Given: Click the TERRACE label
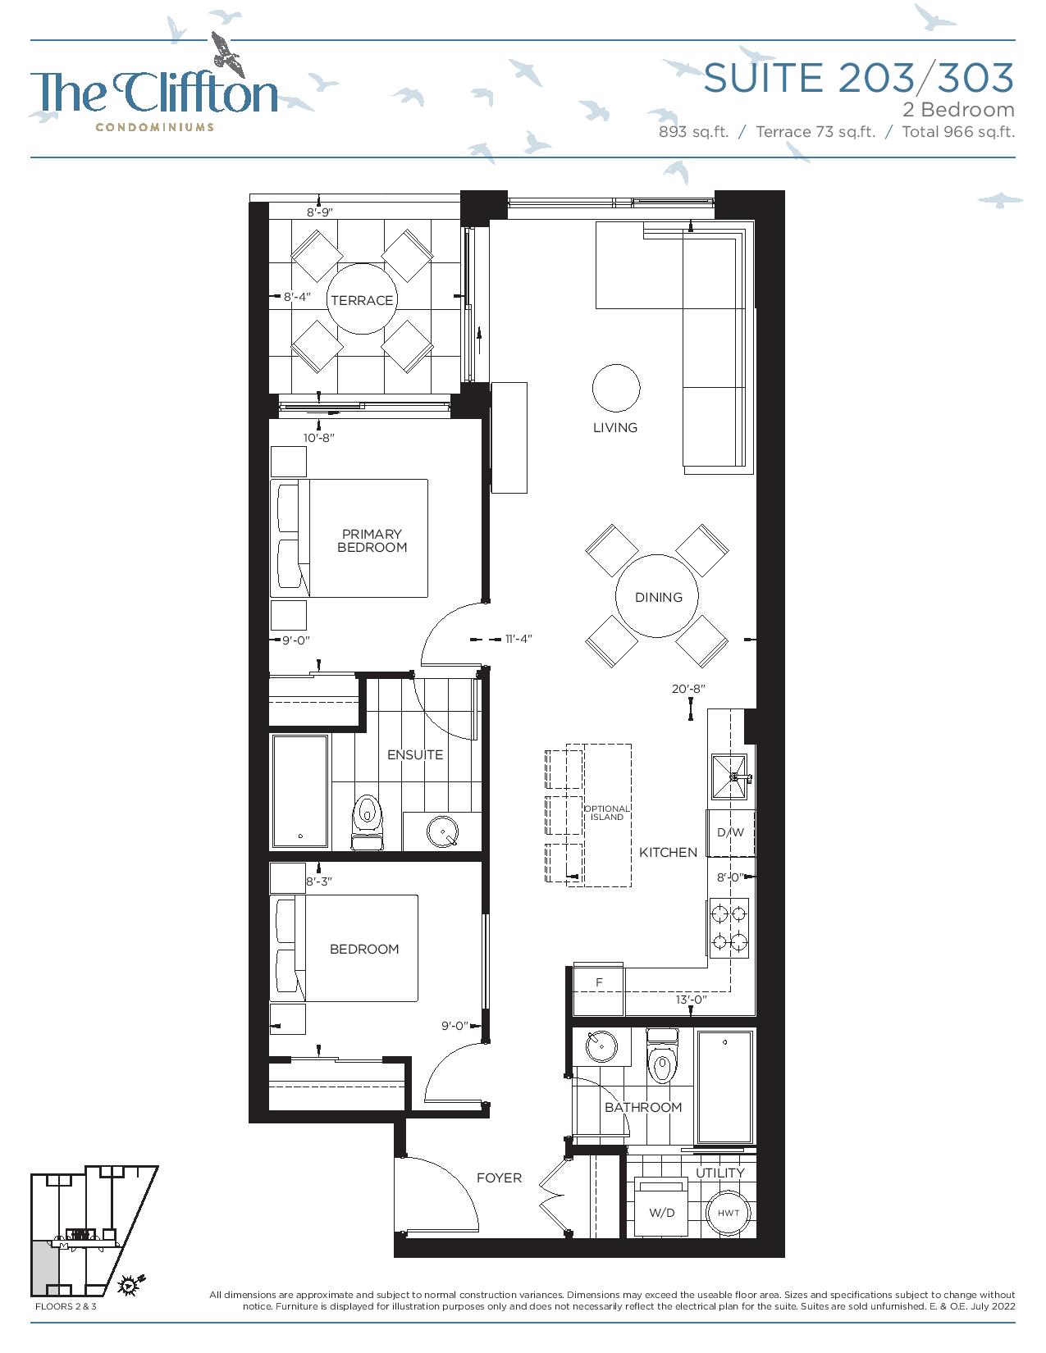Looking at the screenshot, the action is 361,300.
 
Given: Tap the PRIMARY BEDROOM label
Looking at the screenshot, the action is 372,540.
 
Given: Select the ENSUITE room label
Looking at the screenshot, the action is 415,754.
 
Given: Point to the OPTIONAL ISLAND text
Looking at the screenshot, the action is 606,813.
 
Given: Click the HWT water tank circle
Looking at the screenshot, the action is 728,1213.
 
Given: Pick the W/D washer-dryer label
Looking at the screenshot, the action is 661,1213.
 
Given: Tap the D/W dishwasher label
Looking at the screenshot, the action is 730,832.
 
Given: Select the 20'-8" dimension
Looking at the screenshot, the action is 687,689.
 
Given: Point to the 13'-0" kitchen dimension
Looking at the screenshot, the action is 691,1000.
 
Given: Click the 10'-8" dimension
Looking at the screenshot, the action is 319,438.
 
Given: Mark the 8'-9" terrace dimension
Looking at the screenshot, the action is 320,212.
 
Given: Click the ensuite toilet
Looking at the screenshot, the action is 367,822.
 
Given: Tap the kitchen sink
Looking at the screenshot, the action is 729,777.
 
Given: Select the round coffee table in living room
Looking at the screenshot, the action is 615,388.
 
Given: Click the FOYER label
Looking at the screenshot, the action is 499,1178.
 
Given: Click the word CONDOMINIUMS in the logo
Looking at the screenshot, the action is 154,127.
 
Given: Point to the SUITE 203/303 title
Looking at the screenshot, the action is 858,78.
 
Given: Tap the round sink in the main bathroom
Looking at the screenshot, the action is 601,1046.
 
